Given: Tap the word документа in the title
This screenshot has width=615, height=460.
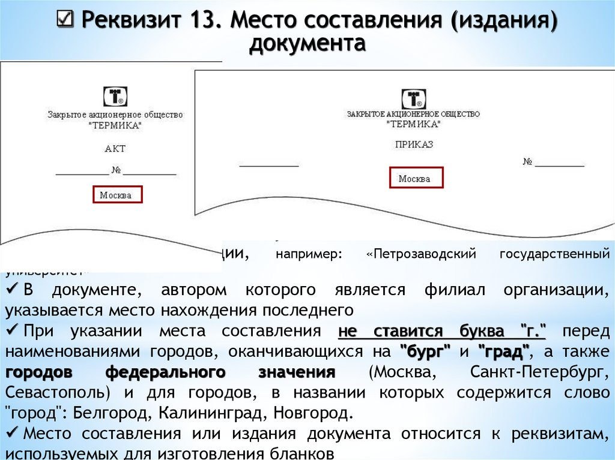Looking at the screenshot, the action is coord(307,44).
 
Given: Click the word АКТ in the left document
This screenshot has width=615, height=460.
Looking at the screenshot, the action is coord(115,149).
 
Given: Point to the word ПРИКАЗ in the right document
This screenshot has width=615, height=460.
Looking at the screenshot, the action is coord(414,145).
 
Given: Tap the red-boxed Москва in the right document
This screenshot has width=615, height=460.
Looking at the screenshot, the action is coord(414,179).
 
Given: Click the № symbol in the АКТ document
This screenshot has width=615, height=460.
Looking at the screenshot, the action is coord(116,170).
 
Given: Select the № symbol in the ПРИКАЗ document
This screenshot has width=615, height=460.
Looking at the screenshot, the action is coord(529,163).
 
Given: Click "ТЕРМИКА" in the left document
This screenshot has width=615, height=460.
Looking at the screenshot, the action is coord(115,125).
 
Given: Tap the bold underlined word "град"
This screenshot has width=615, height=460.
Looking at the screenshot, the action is coord(503,351).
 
